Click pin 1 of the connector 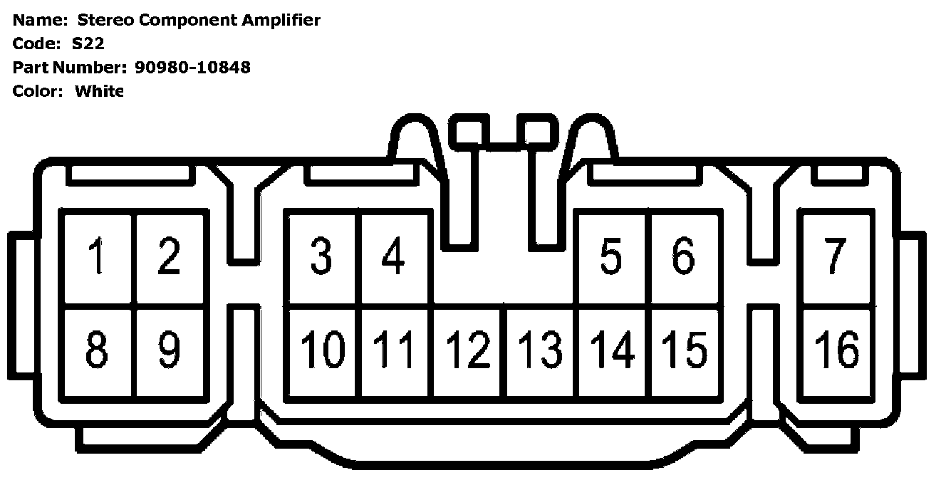point(98,258)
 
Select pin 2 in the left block point(170,258)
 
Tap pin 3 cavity point(322,258)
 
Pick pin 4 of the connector point(394,258)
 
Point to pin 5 point(611,258)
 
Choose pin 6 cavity point(684,258)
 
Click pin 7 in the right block point(835,258)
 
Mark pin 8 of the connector point(98,350)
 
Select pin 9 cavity point(170,350)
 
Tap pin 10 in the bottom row point(323,350)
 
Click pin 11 point(395,350)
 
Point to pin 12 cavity point(469,350)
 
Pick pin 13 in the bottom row point(541,350)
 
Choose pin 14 point(613,350)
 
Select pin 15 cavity point(685,350)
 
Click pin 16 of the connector point(836,350)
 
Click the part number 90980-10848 point(192,68)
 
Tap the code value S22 point(88,43)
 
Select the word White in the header point(99,91)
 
